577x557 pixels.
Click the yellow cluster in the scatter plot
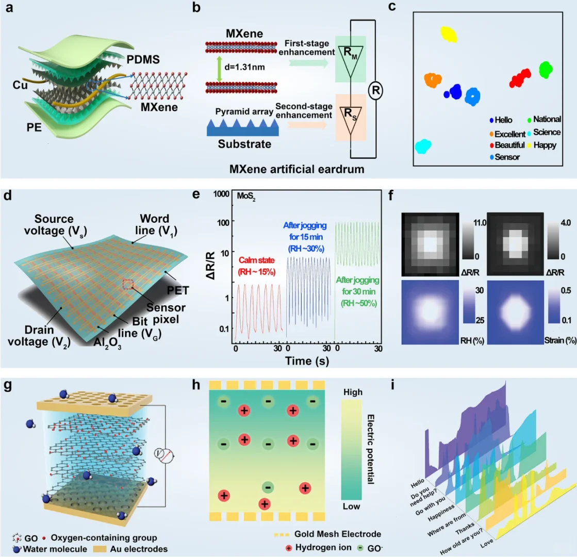point(449,35)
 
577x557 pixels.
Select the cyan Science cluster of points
point(423,146)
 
